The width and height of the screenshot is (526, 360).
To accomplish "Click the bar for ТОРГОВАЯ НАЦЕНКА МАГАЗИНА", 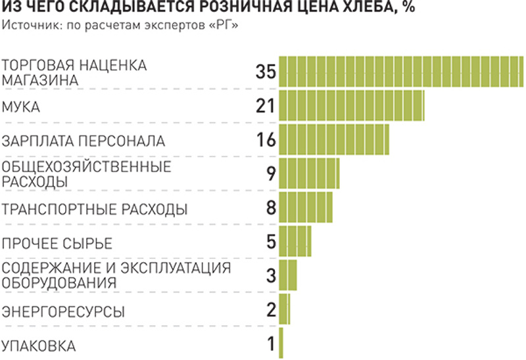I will pyautogui.click(x=401, y=72).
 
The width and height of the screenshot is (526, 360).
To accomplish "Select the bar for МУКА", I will pyautogui.click(x=352, y=106).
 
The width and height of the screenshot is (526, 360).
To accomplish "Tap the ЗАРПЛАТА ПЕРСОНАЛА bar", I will pyautogui.click(x=334, y=139).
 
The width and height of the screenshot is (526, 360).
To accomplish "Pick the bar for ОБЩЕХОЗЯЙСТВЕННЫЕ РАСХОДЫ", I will pyautogui.click(x=309, y=173).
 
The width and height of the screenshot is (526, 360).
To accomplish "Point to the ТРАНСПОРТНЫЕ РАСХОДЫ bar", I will pyautogui.click(x=306, y=208).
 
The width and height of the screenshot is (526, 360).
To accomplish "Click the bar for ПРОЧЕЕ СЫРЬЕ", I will pyautogui.click(x=295, y=241).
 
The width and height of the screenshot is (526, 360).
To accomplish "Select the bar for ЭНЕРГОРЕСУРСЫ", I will pyautogui.click(x=284, y=309).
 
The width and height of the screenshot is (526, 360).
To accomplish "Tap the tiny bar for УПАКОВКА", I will pyautogui.click(x=281, y=343).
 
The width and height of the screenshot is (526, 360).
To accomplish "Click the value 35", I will pyautogui.click(x=264, y=72).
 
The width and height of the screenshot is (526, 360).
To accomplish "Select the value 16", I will pyautogui.click(x=264, y=140).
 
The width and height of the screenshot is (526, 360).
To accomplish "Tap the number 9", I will pyautogui.click(x=270, y=174).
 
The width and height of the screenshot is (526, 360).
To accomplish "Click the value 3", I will pyautogui.click(x=270, y=275).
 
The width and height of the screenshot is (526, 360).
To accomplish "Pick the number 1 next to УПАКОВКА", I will pyautogui.click(x=270, y=344).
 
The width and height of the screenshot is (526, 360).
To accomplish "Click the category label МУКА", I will pyautogui.click(x=22, y=106).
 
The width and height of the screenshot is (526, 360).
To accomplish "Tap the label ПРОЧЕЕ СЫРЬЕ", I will pyautogui.click(x=57, y=243).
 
